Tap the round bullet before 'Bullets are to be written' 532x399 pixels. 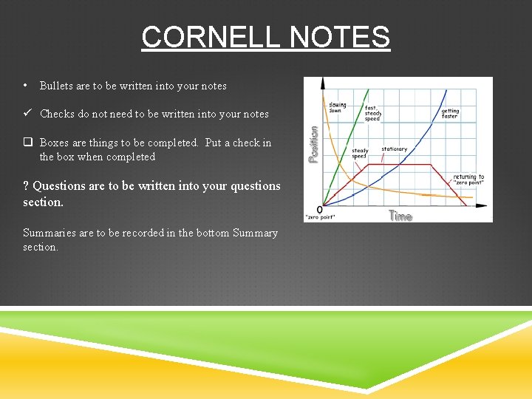26,85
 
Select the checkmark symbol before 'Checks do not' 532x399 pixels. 27,114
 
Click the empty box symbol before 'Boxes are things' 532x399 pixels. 27,143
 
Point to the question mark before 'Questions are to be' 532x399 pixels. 26,186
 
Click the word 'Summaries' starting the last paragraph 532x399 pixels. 47,233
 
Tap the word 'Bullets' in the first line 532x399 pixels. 56,86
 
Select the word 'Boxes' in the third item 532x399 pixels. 55,143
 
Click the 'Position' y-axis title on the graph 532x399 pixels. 313,143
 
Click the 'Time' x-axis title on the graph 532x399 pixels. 400,216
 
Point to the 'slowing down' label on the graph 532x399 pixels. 337,107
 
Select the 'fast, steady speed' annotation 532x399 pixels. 373,113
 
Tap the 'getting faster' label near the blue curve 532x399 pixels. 450,114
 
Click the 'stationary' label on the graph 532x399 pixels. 394,149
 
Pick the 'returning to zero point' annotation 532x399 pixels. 468,180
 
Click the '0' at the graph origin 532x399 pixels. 319,209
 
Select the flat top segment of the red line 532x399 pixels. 399,165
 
